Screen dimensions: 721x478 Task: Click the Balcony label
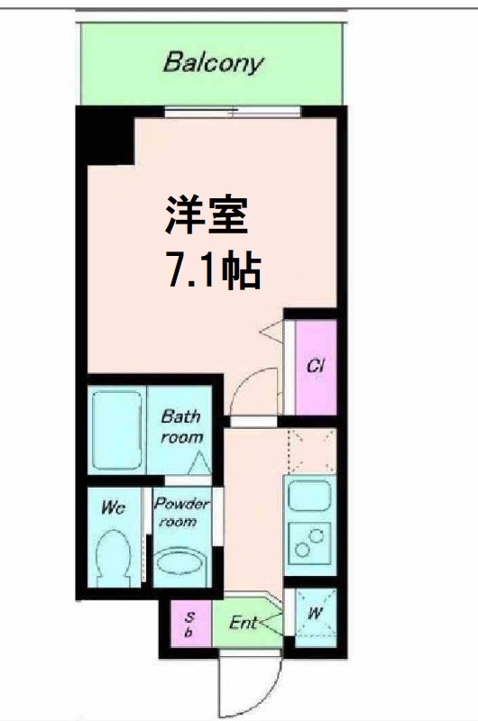pyautogui.click(x=214, y=63)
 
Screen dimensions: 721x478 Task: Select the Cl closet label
pyautogui.click(x=316, y=367)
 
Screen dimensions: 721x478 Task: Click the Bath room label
pyautogui.click(x=180, y=426)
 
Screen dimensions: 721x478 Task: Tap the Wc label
pyautogui.click(x=113, y=508)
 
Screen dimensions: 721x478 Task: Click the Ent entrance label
pyautogui.click(x=244, y=622)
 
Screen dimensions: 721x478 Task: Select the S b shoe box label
pyautogui.click(x=190, y=624)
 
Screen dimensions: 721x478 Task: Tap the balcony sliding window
pyautogui.click(x=232, y=112)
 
